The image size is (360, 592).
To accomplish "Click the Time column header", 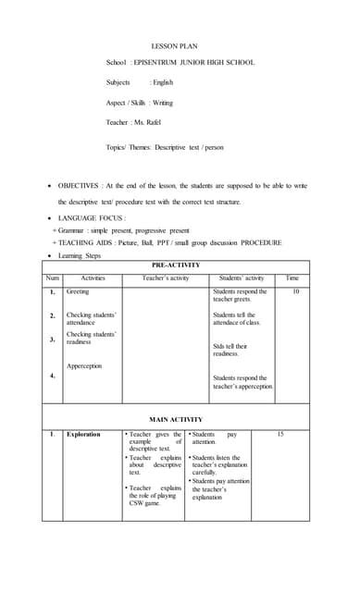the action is click(293, 277).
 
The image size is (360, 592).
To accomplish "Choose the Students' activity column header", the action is click(242, 277).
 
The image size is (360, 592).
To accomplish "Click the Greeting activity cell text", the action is click(78, 291).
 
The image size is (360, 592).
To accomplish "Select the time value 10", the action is click(295, 291).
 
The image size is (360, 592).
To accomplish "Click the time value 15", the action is click(280, 434).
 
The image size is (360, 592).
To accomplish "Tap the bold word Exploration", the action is click(83, 434).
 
